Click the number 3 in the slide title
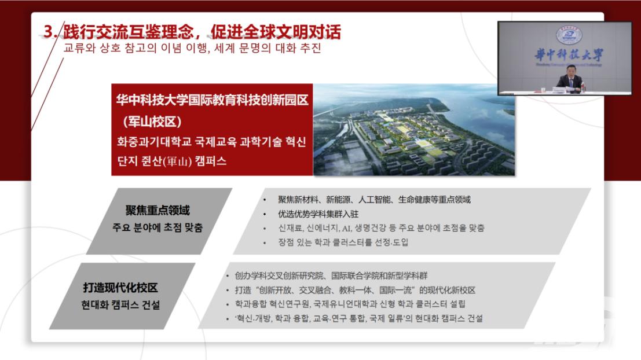pos(49,31)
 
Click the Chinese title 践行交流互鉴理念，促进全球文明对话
pos(202,31)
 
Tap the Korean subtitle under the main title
pos(192,48)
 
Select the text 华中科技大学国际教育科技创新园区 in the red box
pos(212,100)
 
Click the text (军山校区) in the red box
pos(152,122)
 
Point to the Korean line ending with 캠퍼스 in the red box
pos(172,160)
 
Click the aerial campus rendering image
pos(413,130)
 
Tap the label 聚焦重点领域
pos(158,210)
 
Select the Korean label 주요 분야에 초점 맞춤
pos(158,227)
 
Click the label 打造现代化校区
pos(120,288)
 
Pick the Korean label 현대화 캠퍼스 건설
pos(120,305)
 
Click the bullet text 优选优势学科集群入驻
pos(318,214)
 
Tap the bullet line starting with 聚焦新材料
pos(374,200)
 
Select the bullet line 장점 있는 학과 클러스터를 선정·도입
pos(343,243)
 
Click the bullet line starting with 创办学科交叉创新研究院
pos(331,276)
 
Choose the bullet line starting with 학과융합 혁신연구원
pos(350,304)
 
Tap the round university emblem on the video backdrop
pos(569,35)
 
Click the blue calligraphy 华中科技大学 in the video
pos(569,54)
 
